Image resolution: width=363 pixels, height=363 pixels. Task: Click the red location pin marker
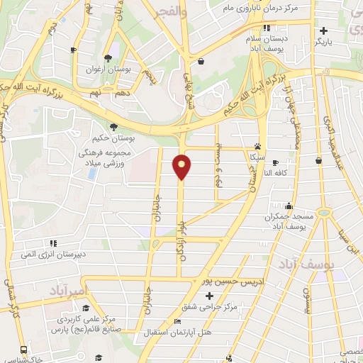click(x=183, y=167)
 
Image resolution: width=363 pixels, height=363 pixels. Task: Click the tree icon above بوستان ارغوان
click(x=107, y=58)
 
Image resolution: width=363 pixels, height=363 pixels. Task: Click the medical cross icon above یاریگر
click(x=323, y=30)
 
